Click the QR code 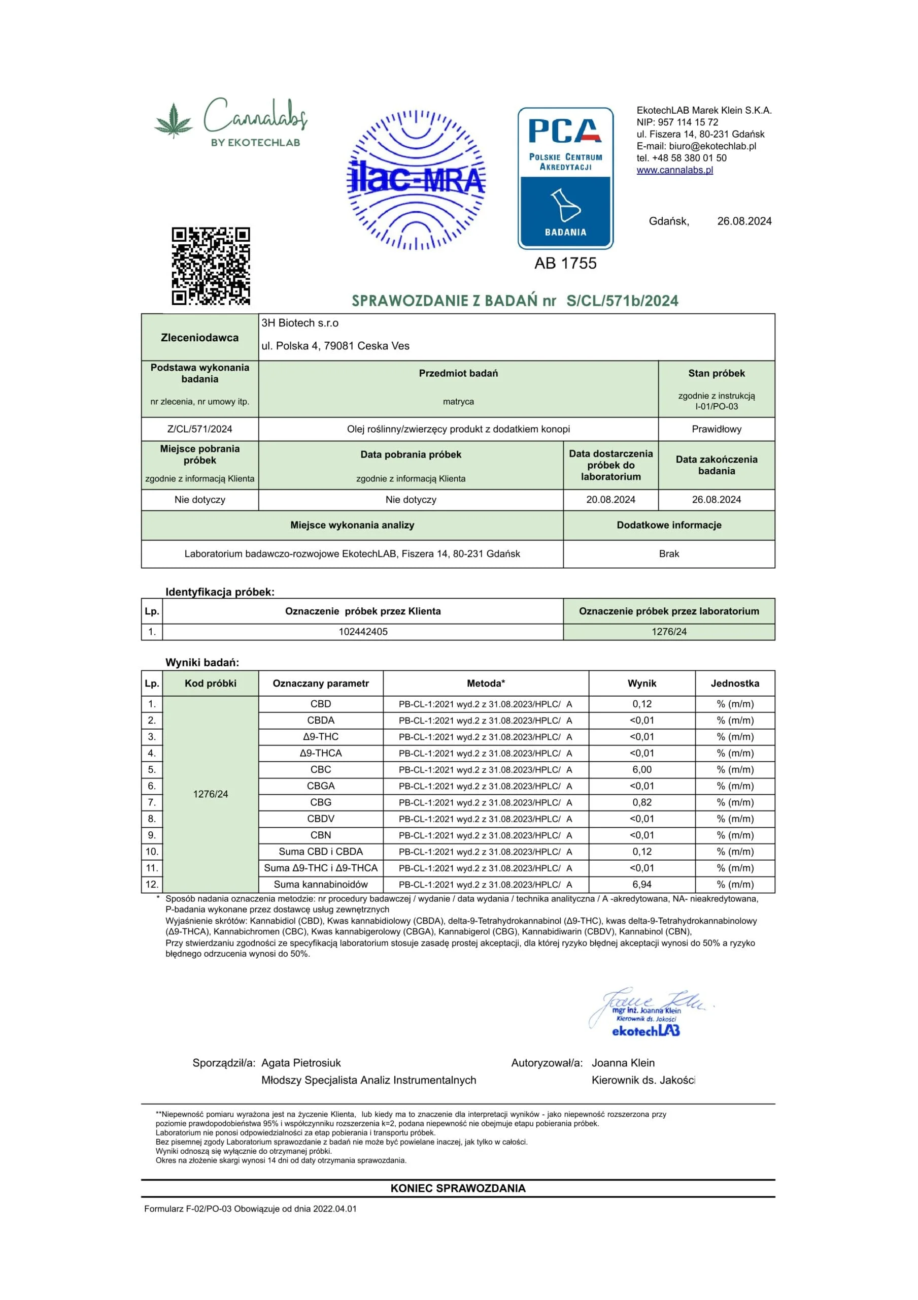click(211, 266)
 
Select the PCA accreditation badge click(565, 178)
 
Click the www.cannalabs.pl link click(674, 170)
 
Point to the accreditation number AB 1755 click(565, 263)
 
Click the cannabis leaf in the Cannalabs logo click(173, 120)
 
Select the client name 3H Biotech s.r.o click(299, 323)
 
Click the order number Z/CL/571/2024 click(199, 429)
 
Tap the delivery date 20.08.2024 click(610, 499)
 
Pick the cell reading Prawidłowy click(716, 429)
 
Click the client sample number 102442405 click(363, 631)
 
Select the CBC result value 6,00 click(642, 769)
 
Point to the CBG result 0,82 click(642, 802)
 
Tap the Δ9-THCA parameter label click(320, 753)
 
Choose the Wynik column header click(642, 684)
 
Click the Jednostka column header click(735, 684)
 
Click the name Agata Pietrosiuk click(300, 1063)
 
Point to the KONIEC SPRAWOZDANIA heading click(458, 1188)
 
